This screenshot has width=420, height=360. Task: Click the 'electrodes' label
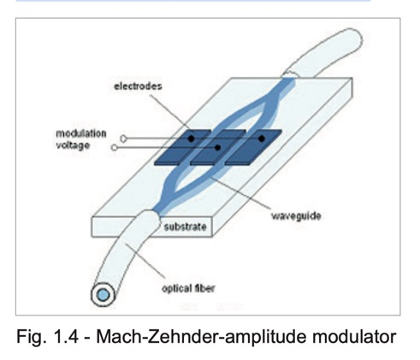(138, 86)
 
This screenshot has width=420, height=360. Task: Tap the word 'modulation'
(81, 133)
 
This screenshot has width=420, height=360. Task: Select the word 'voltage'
(73, 145)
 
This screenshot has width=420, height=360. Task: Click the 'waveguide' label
(296, 216)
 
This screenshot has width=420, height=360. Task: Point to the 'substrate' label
(185, 227)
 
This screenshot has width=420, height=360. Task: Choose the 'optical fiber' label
(188, 288)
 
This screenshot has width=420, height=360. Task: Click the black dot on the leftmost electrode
(191, 139)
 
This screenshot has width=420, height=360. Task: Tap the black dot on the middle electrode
(217, 148)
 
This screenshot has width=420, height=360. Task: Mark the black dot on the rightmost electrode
(261, 139)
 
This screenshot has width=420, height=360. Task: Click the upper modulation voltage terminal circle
(123, 139)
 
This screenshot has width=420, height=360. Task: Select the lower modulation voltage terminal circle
(114, 148)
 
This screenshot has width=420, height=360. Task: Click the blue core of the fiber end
(104, 295)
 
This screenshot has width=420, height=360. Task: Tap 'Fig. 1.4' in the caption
(47, 337)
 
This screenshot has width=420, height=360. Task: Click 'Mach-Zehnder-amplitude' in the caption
(202, 338)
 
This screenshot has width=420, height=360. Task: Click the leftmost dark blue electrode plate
(182, 147)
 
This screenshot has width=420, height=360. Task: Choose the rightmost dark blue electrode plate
(253, 147)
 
